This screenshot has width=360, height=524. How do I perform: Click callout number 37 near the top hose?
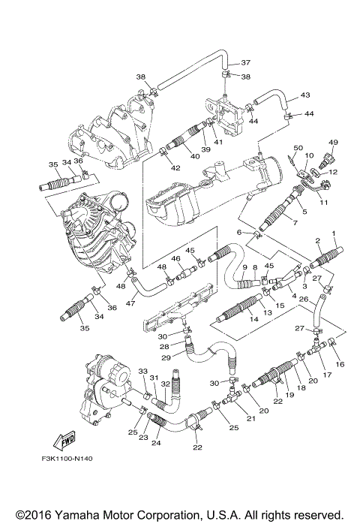(x=245, y=62)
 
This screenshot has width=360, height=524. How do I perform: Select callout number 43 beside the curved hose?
(x=305, y=95)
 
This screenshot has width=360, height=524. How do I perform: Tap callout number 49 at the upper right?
(x=333, y=141)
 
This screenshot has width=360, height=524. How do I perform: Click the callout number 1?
(x=334, y=233)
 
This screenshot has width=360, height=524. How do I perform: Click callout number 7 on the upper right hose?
(x=294, y=224)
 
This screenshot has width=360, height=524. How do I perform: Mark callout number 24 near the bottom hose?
(x=156, y=443)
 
